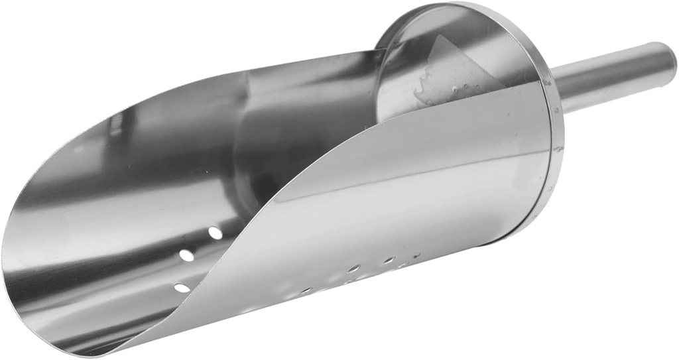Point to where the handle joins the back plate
click(x=557, y=90)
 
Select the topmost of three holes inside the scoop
click(x=216, y=233)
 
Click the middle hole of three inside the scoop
click(x=188, y=255)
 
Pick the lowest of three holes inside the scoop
click(x=181, y=288)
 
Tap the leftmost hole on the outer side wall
click(x=306, y=290)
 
